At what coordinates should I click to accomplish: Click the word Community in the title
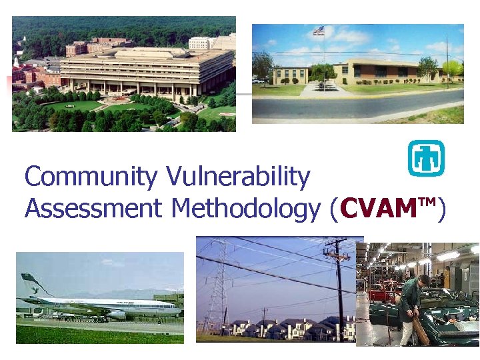pyautogui.click(x=81, y=177)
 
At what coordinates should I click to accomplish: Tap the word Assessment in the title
pyautogui.click(x=93, y=209)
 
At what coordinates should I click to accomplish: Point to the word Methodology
pyautogui.click(x=245, y=209)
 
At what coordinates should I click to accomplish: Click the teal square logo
pyautogui.click(x=425, y=158)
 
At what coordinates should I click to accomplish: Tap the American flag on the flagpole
pyautogui.click(x=319, y=30)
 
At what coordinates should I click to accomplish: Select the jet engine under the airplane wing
pyautogui.click(x=117, y=314)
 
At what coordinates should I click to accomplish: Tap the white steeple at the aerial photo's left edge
pyautogui.click(x=16, y=61)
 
